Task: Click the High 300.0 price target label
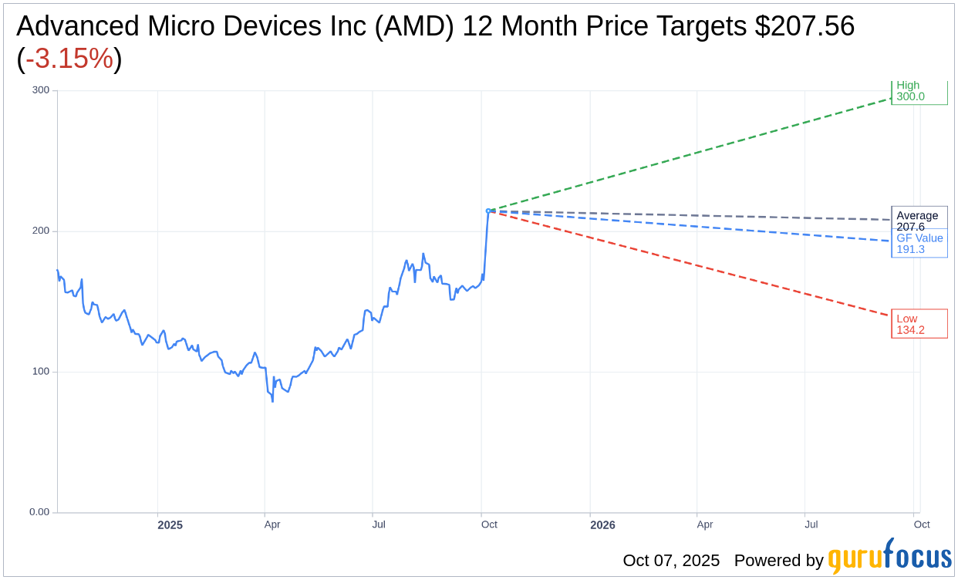click(x=919, y=92)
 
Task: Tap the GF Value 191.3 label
click(x=919, y=244)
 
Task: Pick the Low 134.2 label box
click(x=919, y=324)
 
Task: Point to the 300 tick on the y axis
click(x=40, y=90)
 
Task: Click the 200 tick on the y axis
click(x=40, y=231)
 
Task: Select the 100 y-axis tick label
click(x=40, y=372)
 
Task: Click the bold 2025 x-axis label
click(x=170, y=525)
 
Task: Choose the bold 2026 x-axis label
click(x=602, y=525)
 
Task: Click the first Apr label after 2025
click(x=272, y=524)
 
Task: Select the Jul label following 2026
click(x=811, y=524)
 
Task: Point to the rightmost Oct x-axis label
click(x=922, y=524)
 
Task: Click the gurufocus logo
click(x=889, y=557)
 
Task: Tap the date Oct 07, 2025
click(x=671, y=561)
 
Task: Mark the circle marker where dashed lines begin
click(x=488, y=211)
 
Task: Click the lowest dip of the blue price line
click(x=272, y=401)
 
